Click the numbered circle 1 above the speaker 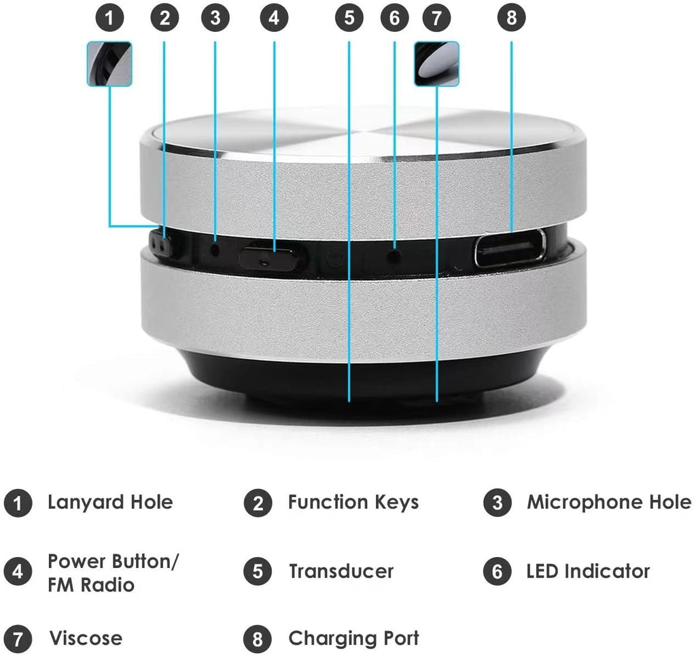[x=111, y=18]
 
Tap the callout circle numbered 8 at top [x=511, y=18]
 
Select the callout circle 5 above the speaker [x=349, y=18]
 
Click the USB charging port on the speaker [x=510, y=248]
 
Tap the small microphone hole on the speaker [x=215, y=248]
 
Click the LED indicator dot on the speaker [x=394, y=256]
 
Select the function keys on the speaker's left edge [x=161, y=246]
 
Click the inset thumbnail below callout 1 [x=109, y=63]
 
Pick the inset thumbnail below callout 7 [x=436, y=63]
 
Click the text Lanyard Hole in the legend [x=110, y=503]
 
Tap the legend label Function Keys [x=353, y=503]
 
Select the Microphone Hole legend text [x=609, y=503]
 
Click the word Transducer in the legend [x=341, y=571]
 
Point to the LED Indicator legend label [x=588, y=571]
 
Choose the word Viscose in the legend [x=86, y=639]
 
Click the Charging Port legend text [x=353, y=639]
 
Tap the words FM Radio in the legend [x=91, y=584]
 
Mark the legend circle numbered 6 [x=497, y=571]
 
